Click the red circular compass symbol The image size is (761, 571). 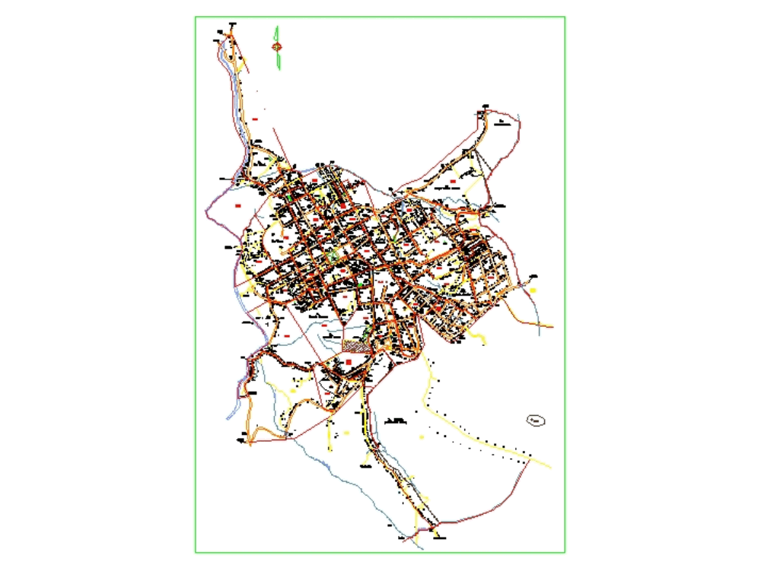click(278, 47)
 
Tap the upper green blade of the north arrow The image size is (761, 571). click(279, 33)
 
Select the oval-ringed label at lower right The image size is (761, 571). click(537, 420)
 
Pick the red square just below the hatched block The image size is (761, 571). click(349, 364)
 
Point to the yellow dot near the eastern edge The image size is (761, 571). click(534, 290)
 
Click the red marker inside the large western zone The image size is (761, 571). click(237, 206)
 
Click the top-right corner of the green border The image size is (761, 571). click(565, 17)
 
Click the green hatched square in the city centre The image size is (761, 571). click(334, 258)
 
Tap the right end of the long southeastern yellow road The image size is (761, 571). click(549, 465)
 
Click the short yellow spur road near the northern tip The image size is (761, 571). click(245, 64)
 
